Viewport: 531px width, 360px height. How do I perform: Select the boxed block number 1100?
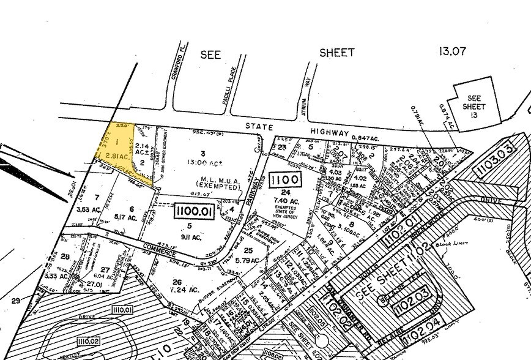pos(285,180)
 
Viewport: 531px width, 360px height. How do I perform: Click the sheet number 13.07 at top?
pos(452,51)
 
